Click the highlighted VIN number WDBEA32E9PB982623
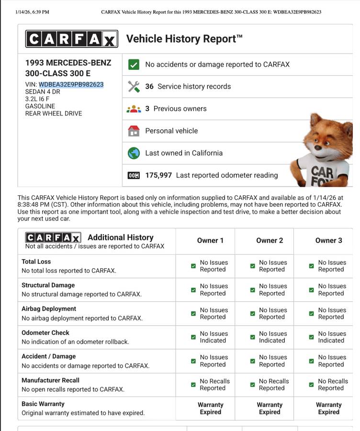(71, 84)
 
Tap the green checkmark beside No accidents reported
(134, 65)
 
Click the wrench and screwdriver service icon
(134, 87)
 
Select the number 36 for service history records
(149, 87)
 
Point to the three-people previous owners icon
(134, 109)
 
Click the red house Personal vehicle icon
(134, 131)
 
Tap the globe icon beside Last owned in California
(134, 153)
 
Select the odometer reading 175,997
(158, 175)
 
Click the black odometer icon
(134, 175)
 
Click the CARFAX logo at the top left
(71, 39)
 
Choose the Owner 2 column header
(270, 240)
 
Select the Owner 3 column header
(328, 240)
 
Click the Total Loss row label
(36, 262)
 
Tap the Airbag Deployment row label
(49, 309)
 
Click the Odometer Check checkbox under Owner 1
(193, 337)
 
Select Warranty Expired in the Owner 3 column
(328, 408)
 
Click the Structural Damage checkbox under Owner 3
(312, 290)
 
